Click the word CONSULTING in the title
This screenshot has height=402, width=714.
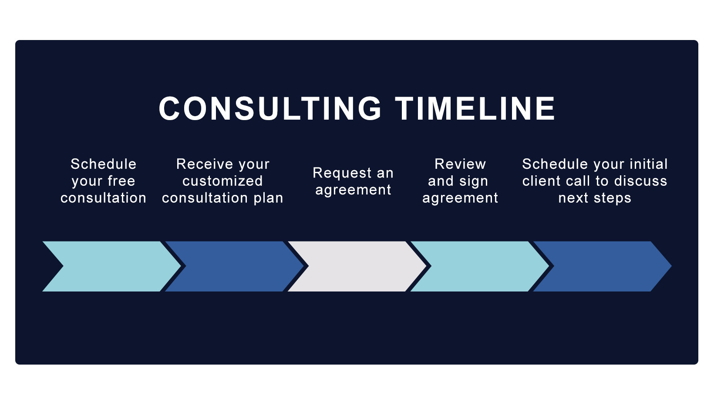click(270, 109)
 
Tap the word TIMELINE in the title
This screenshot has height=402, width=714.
click(475, 109)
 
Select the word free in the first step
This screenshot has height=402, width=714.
click(121, 181)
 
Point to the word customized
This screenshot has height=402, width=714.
click(222, 181)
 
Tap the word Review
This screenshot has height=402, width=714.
click(460, 164)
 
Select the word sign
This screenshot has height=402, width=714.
click(474, 181)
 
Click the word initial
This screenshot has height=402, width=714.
click(648, 164)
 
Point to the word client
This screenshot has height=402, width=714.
click(541, 181)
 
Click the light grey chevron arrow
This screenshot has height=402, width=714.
click(357, 266)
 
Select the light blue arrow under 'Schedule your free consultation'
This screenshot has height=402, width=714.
click(112, 266)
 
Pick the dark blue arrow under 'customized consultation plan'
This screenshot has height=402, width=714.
click(235, 266)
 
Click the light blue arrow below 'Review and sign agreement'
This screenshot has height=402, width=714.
click(480, 266)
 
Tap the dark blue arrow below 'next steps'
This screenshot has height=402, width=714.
click(603, 266)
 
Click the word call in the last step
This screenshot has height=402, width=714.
click(578, 181)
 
